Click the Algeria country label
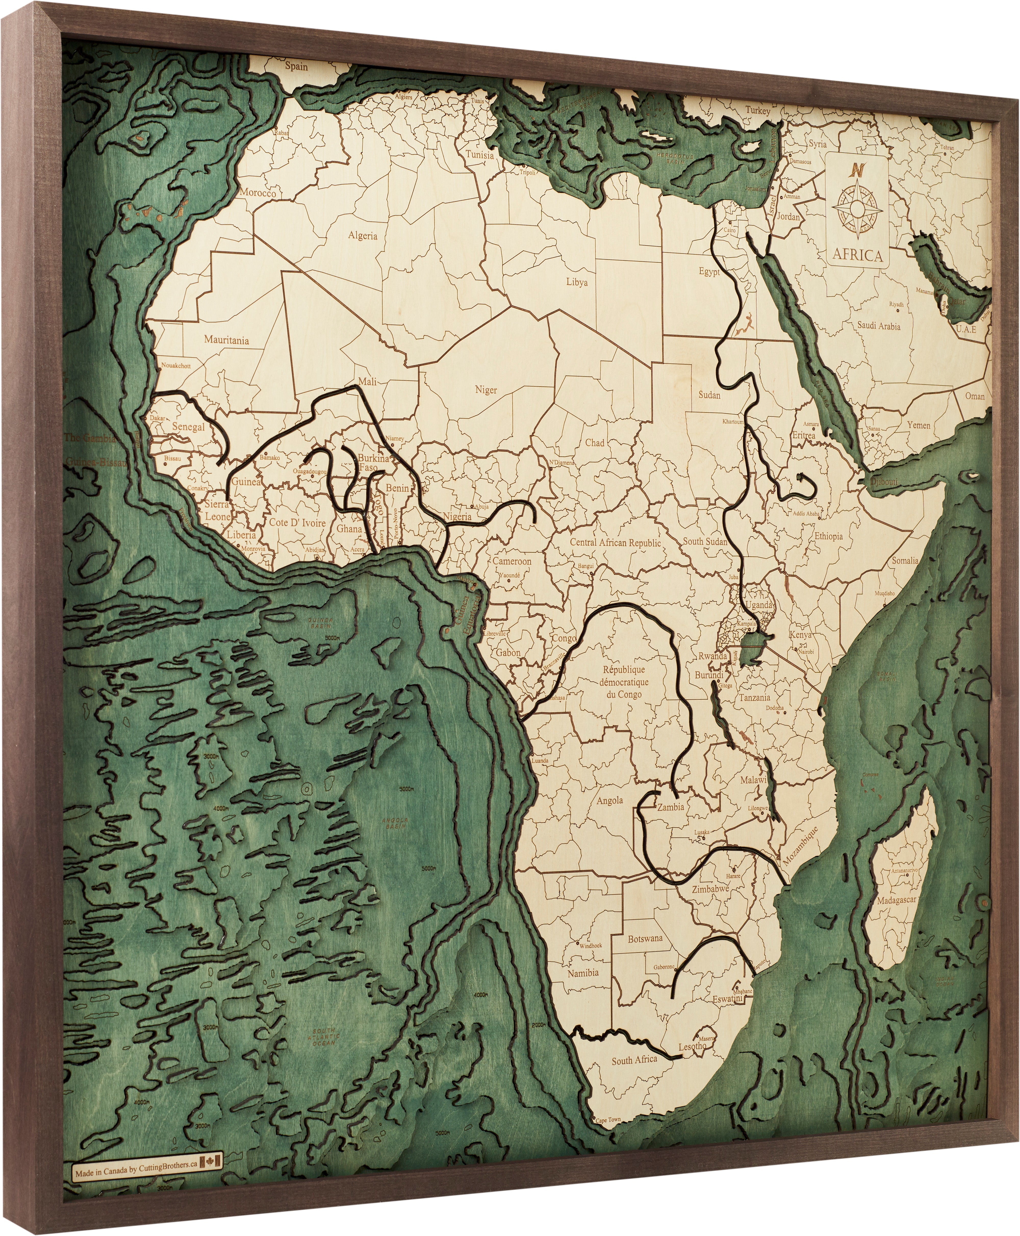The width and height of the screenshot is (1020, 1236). pos(363,236)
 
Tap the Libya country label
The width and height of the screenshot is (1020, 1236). pos(577,282)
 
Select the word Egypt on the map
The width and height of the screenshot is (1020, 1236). pos(709,272)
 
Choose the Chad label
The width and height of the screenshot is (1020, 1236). pos(595,443)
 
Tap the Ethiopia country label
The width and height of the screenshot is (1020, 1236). pos(828,536)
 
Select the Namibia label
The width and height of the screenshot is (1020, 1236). pos(583,973)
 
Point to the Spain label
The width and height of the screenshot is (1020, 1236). pos(296,66)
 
